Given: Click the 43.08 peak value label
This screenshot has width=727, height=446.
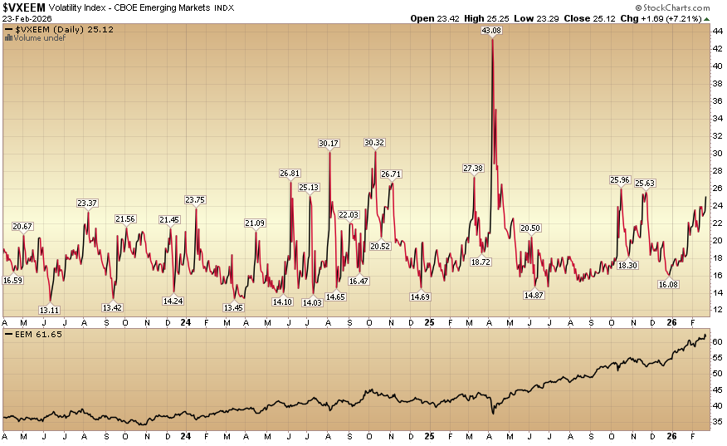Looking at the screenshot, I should [x=493, y=31].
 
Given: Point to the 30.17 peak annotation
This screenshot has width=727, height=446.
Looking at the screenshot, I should [x=329, y=144].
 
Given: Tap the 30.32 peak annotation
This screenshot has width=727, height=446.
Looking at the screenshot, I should [x=375, y=143].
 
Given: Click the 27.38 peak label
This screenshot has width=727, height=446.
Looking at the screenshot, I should [x=473, y=169].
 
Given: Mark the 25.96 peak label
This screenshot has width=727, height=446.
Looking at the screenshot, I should [x=620, y=179].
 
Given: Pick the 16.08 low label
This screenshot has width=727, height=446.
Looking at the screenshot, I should [x=668, y=284].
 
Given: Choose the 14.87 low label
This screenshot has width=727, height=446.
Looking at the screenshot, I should [x=534, y=295].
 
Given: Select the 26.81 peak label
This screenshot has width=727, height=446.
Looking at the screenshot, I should [x=290, y=174].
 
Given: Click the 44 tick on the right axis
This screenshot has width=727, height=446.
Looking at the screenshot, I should [x=716, y=31].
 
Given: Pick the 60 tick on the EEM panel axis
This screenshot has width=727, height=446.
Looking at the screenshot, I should [x=716, y=341].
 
